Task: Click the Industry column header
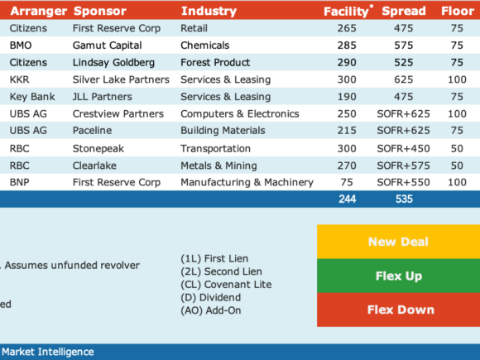click(x=209, y=11)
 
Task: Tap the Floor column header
click(x=458, y=11)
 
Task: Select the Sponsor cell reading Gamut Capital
click(x=107, y=46)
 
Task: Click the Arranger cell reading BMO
click(x=21, y=46)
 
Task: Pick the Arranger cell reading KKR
click(x=20, y=79)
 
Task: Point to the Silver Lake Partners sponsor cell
click(x=121, y=79)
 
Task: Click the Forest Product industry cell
click(x=215, y=62)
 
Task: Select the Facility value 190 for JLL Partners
click(x=347, y=97)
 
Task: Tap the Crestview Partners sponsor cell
click(x=118, y=114)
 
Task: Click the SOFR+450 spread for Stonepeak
click(x=404, y=148)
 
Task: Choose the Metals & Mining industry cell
click(x=218, y=166)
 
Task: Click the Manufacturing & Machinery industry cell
click(x=247, y=182)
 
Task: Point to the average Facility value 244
click(x=347, y=199)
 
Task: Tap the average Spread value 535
click(x=404, y=199)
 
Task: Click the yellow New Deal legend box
click(x=398, y=242)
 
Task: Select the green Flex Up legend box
click(x=398, y=276)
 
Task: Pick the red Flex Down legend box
click(x=398, y=310)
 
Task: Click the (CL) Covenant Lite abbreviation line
click(x=226, y=285)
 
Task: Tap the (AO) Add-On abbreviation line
click(x=211, y=310)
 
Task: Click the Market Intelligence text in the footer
click(x=48, y=352)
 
